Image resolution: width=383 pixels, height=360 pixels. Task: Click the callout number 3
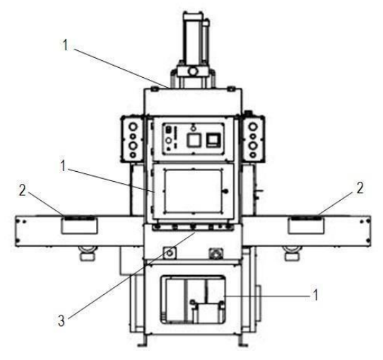(61, 320)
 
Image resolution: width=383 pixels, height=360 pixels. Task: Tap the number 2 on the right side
(360, 188)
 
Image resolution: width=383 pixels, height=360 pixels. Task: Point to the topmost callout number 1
(65, 45)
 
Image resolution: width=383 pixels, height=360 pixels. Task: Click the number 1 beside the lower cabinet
(315, 295)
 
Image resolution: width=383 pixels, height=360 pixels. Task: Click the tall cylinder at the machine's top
(193, 39)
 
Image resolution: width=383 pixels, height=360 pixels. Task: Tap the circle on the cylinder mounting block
(193, 71)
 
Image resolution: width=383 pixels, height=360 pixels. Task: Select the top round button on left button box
(134, 127)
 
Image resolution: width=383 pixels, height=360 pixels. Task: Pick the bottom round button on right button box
(253, 155)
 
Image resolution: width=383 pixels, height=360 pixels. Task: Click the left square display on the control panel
(194, 140)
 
